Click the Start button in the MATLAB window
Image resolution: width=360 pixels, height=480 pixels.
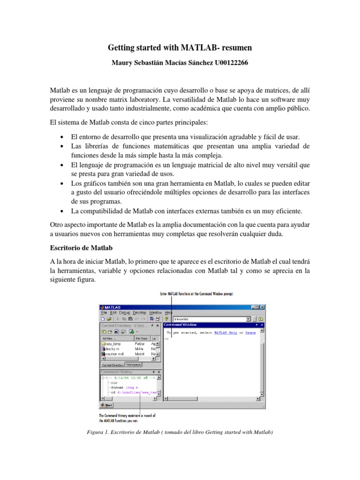point(106,405)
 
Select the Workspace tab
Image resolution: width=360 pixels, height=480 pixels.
point(134,365)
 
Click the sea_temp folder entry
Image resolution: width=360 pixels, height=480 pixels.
point(114,343)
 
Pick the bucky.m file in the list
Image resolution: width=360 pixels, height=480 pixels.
point(113,349)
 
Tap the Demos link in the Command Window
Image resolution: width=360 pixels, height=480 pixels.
point(251,332)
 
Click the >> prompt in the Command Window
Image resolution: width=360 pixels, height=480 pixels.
point(166,338)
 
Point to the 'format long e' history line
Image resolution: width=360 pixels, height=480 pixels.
point(124,388)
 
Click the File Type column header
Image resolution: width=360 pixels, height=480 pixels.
point(141,338)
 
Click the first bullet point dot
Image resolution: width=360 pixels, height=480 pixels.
point(63,137)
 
